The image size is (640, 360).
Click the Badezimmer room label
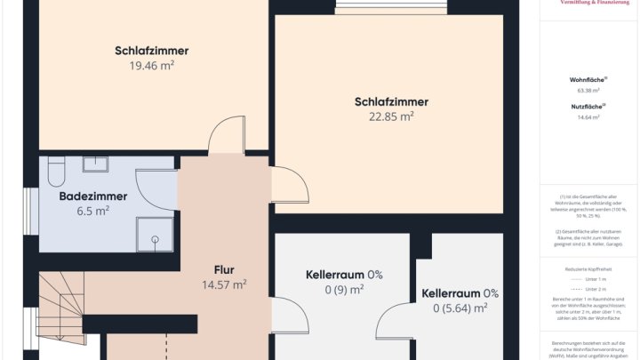click(x=93, y=196)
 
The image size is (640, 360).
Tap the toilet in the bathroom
click(x=55, y=168)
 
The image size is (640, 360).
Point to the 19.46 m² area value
click(x=151, y=66)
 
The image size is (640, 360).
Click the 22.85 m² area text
click(x=391, y=116)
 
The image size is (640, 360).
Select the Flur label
click(x=224, y=269)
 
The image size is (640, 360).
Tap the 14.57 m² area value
click(x=224, y=285)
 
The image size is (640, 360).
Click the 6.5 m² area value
click(x=93, y=212)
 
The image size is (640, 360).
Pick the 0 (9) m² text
click(x=344, y=290)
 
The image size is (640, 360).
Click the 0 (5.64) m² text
click(x=460, y=308)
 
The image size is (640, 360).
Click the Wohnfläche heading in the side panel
click(x=588, y=80)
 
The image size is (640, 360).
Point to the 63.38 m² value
click(x=588, y=91)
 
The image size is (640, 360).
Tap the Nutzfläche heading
click(x=588, y=107)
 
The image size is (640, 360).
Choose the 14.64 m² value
click(x=588, y=117)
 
